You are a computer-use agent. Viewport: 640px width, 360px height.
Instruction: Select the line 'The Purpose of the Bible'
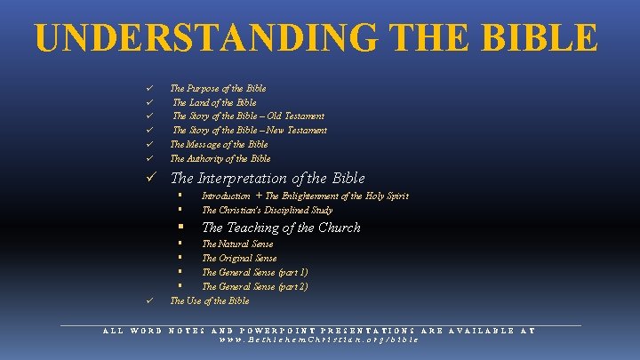(x=218, y=89)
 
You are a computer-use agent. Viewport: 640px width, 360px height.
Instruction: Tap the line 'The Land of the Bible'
(x=214, y=102)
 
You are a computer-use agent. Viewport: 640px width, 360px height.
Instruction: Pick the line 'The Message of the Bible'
(x=219, y=144)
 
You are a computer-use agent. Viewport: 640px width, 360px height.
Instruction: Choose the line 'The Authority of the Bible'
(x=220, y=158)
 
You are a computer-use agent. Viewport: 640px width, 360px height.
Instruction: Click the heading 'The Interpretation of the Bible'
(x=268, y=179)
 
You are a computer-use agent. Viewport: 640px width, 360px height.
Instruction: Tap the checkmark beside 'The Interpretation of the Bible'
(x=152, y=179)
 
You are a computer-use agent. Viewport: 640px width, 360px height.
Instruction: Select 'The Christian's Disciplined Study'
(x=267, y=211)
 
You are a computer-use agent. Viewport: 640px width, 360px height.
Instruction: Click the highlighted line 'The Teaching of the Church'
(x=281, y=228)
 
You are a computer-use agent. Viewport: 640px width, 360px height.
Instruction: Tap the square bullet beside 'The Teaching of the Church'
(x=180, y=228)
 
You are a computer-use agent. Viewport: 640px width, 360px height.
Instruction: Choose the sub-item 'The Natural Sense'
(x=237, y=244)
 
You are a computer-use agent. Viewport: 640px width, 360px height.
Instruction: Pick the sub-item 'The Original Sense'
(x=239, y=259)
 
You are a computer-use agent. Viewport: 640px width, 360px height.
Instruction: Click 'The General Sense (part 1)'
(x=255, y=273)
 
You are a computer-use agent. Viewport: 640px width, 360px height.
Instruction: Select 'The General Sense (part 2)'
(x=255, y=287)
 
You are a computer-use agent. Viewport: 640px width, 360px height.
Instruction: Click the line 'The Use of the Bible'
(x=210, y=301)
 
